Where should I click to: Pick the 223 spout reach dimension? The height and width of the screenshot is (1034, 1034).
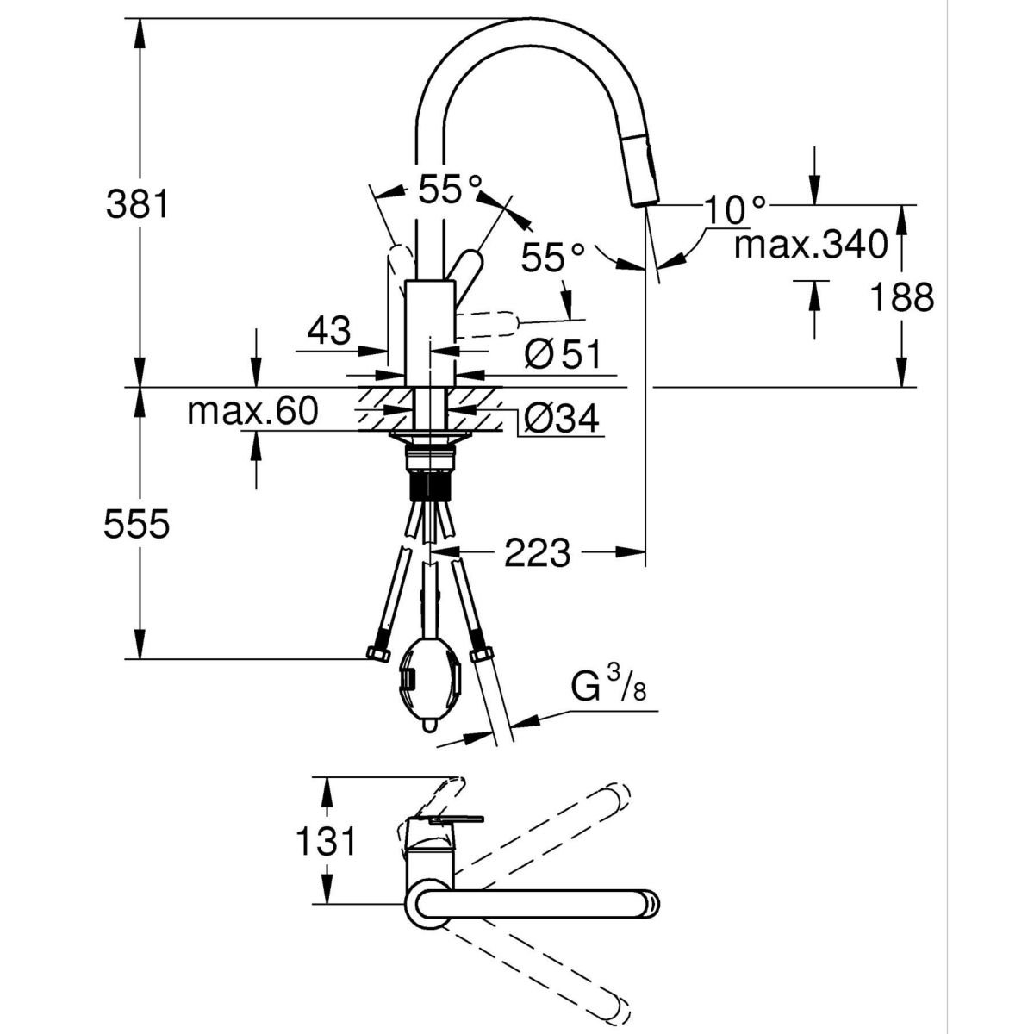tap(537, 552)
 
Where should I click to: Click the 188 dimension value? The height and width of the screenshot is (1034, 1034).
tap(901, 297)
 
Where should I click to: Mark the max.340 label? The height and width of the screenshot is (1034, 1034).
tap(810, 246)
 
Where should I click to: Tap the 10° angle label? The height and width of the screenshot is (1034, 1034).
tap(734, 208)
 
